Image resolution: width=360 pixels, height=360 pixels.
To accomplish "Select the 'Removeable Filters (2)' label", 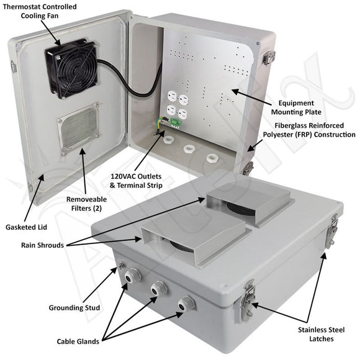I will point(85,204).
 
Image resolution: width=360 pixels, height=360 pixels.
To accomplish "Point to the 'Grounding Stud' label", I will point(74,307).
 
